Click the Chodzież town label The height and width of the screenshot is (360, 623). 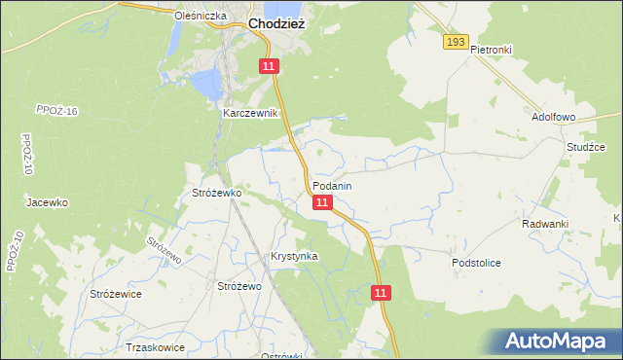277,24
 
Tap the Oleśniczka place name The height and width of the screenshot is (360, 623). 200,17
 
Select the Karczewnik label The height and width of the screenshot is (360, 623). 250,113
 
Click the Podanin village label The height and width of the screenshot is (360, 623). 332,185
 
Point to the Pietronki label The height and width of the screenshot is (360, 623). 491,49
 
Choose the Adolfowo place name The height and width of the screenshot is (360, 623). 554,117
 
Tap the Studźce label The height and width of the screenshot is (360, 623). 586,147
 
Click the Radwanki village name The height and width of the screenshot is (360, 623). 544,224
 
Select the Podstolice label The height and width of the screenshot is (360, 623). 476,263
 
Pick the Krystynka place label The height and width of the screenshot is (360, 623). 294,256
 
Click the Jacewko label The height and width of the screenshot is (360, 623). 46,203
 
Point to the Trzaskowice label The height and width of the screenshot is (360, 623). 155,347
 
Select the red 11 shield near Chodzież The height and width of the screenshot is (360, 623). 270,65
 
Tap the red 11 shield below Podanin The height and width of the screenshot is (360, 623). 323,202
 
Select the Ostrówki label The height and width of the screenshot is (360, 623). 283,355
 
